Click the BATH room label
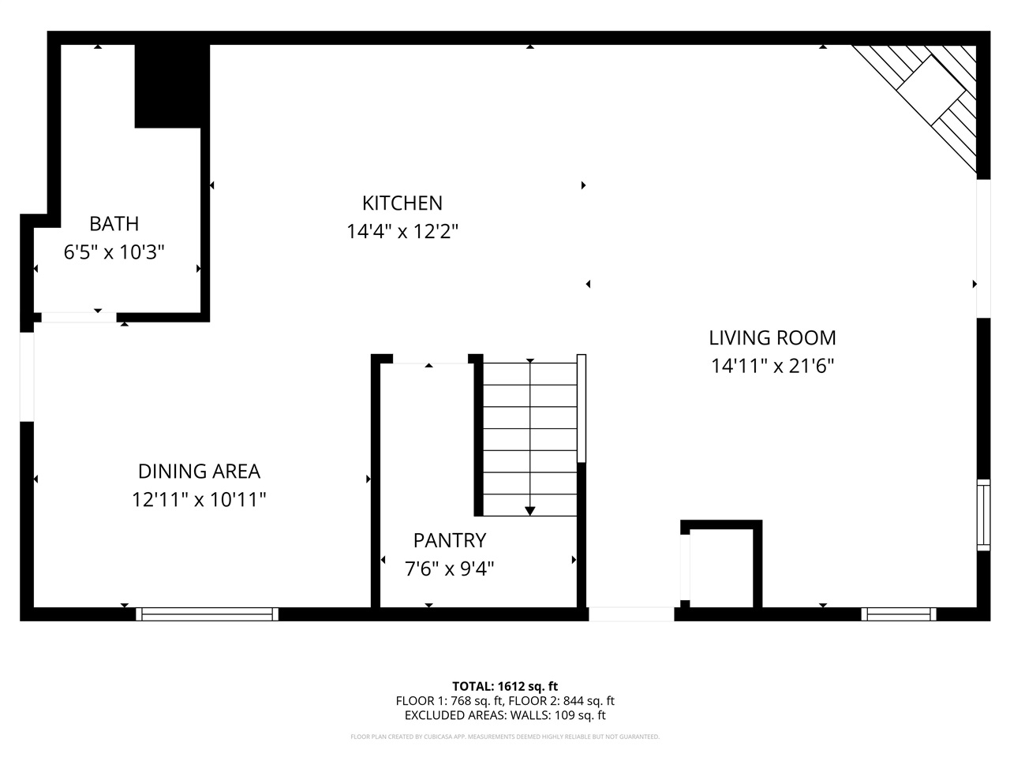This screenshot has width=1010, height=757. click(x=114, y=224)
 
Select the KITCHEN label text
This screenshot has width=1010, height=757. click(x=402, y=203)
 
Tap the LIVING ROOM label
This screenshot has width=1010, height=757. click(x=772, y=337)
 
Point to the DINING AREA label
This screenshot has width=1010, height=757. click(x=199, y=472)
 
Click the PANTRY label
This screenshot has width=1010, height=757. click(x=449, y=540)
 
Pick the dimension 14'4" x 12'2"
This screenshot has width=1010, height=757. click(x=402, y=232)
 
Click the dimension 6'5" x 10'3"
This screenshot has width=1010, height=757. click(x=114, y=252)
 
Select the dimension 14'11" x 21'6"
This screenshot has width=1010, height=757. click(x=772, y=366)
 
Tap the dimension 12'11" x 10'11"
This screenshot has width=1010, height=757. click(x=199, y=500)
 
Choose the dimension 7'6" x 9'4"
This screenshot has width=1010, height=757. click(x=449, y=569)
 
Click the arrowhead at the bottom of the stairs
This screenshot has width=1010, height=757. click(x=529, y=510)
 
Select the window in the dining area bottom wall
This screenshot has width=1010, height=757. click(x=208, y=613)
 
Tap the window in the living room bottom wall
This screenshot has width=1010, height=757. click(x=899, y=613)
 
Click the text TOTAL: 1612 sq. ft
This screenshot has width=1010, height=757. click(x=504, y=686)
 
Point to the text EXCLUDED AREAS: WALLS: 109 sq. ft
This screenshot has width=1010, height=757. click(x=504, y=715)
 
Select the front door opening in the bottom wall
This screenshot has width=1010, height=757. click(x=631, y=613)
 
